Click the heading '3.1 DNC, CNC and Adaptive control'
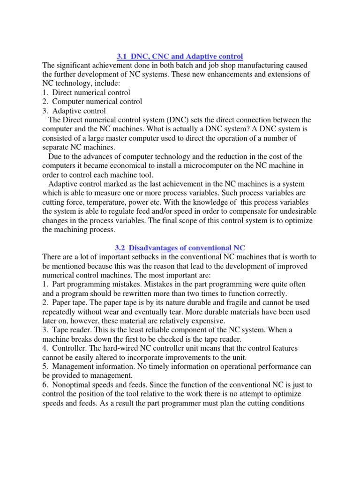(180, 56)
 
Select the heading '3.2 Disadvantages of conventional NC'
(180, 247)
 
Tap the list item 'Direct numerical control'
(91, 92)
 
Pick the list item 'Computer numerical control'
(97, 101)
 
